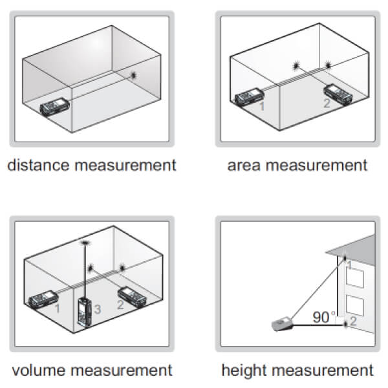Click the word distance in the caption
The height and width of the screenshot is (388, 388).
tap(38, 165)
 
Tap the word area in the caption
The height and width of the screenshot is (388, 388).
tap(244, 166)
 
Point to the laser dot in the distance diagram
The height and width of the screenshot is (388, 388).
tap(134, 75)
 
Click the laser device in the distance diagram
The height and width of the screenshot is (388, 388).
tap(55, 107)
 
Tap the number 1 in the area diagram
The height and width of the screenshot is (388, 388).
tap(262, 106)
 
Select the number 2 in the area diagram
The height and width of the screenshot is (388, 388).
tap(327, 103)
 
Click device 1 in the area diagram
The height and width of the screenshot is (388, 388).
tap(249, 98)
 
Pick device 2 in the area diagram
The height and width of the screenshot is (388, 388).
tap(338, 94)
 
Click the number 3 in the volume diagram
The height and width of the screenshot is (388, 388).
tap(97, 309)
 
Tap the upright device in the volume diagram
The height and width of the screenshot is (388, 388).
tap(85, 312)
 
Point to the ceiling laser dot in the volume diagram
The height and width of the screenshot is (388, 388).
tap(85, 242)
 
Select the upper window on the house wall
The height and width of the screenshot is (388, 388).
tap(355, 278)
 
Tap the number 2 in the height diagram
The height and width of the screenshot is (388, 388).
tap(353, 321)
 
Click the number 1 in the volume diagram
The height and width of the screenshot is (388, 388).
tap(58, 308)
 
